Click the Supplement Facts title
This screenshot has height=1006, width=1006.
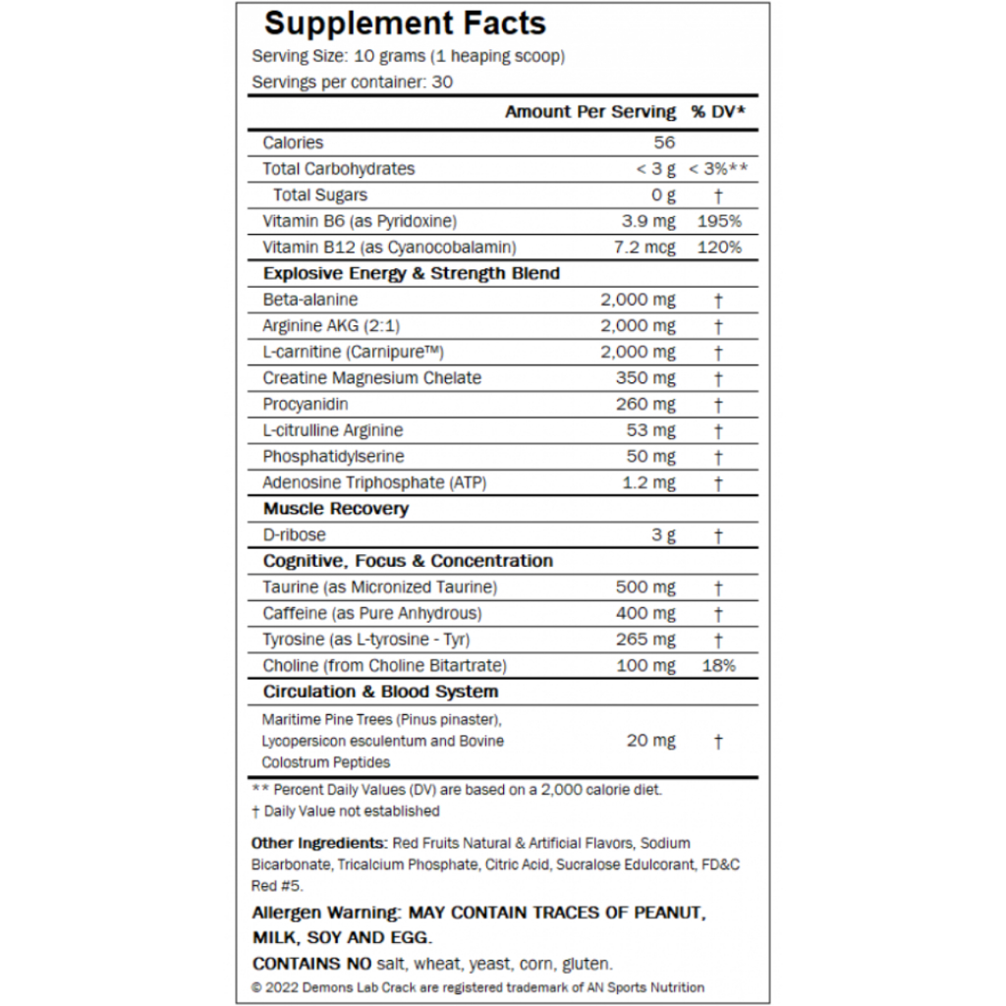pos(406,23)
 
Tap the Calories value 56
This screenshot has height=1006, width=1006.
pos(664,142)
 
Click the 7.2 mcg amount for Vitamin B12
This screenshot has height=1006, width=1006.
pos(644,248)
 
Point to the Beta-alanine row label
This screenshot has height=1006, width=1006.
pos(310,300)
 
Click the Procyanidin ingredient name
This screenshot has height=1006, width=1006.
pos(306,404)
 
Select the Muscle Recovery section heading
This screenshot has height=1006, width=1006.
pos(336,509)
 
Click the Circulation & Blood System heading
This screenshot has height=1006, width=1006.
pos(380,692)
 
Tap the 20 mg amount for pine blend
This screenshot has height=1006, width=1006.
pos(650,741)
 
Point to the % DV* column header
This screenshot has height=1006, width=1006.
pos(718,112)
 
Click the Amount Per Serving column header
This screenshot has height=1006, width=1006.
pos(590,112)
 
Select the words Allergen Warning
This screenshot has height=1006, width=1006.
pos(324,913)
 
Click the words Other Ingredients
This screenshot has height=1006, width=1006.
pos(318,843)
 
